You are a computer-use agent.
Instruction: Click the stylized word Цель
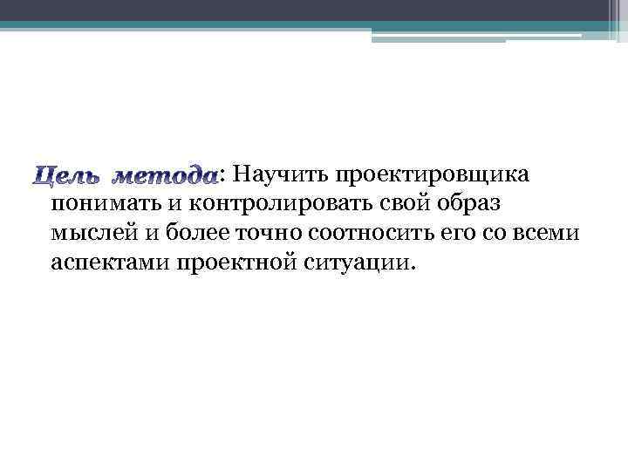tap(58, 176)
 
